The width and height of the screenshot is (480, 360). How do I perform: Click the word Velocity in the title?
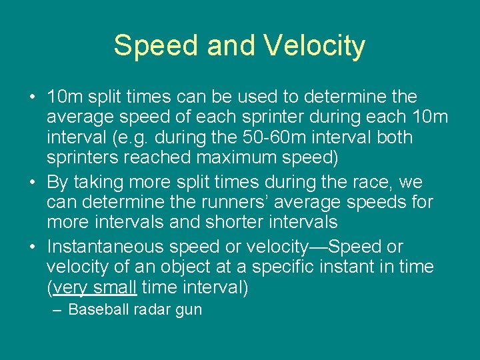point(315,46)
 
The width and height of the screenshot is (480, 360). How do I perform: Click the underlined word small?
point(113,288)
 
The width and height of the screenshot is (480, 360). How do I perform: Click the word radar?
point(155,310)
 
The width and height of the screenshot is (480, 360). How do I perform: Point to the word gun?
point(189,310)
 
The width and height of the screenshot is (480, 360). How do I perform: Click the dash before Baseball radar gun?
point(58,310)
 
